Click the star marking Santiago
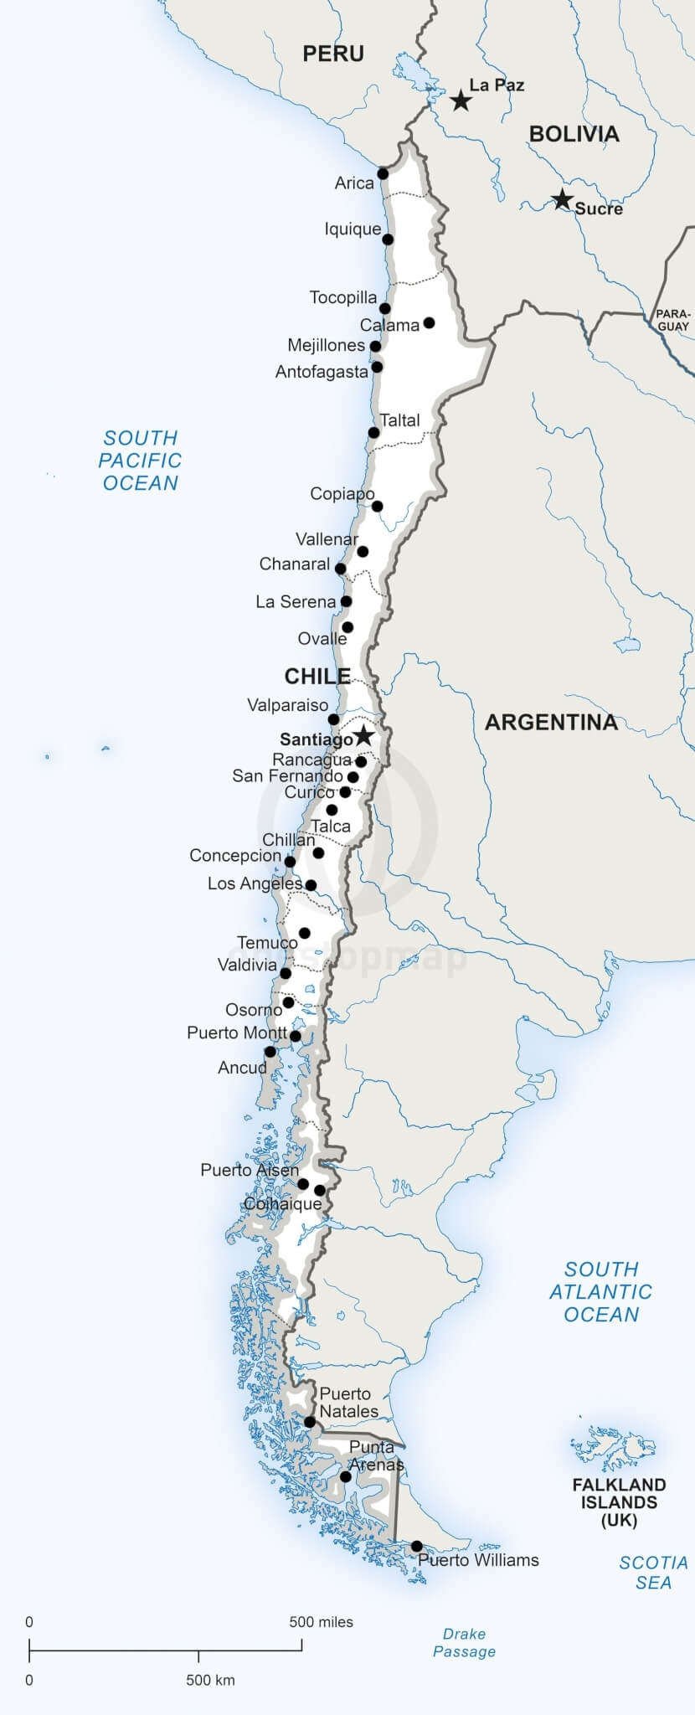click(363, 736)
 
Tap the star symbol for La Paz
click(461, 101)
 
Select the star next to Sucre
click(562, 200)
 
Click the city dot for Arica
click(383, 174)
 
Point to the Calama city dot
click(429, 322)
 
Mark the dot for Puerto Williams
click(416, 1546)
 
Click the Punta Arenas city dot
click(345, 1476)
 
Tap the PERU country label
click(333, 54)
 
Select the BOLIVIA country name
click(574, 134)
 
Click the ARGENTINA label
click(551, 722)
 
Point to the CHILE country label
click(317, 676)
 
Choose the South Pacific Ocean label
click(140, 461)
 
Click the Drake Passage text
click(464, 1642)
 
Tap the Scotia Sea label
click(653, 1572)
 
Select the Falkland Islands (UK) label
click(619, 1502)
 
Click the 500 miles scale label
click(321, 1622)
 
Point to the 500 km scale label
click(210, 1680)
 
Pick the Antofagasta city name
click(322, 371)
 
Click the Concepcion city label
click(235, 855)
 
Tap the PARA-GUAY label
click(673, 320)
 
